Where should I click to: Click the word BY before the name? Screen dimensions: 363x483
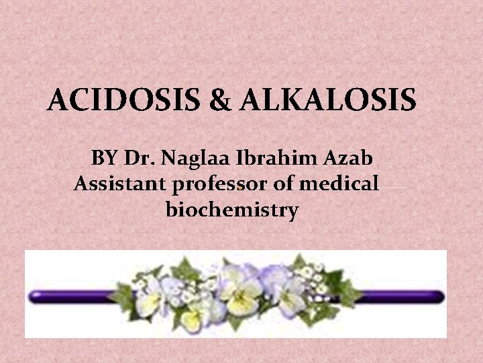point(104,159)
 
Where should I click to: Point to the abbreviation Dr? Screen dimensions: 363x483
point(140,159)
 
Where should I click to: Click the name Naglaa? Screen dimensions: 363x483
point(195,159)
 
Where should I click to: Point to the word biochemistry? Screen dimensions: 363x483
point(231,210)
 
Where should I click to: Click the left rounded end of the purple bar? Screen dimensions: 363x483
point(34,294)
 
